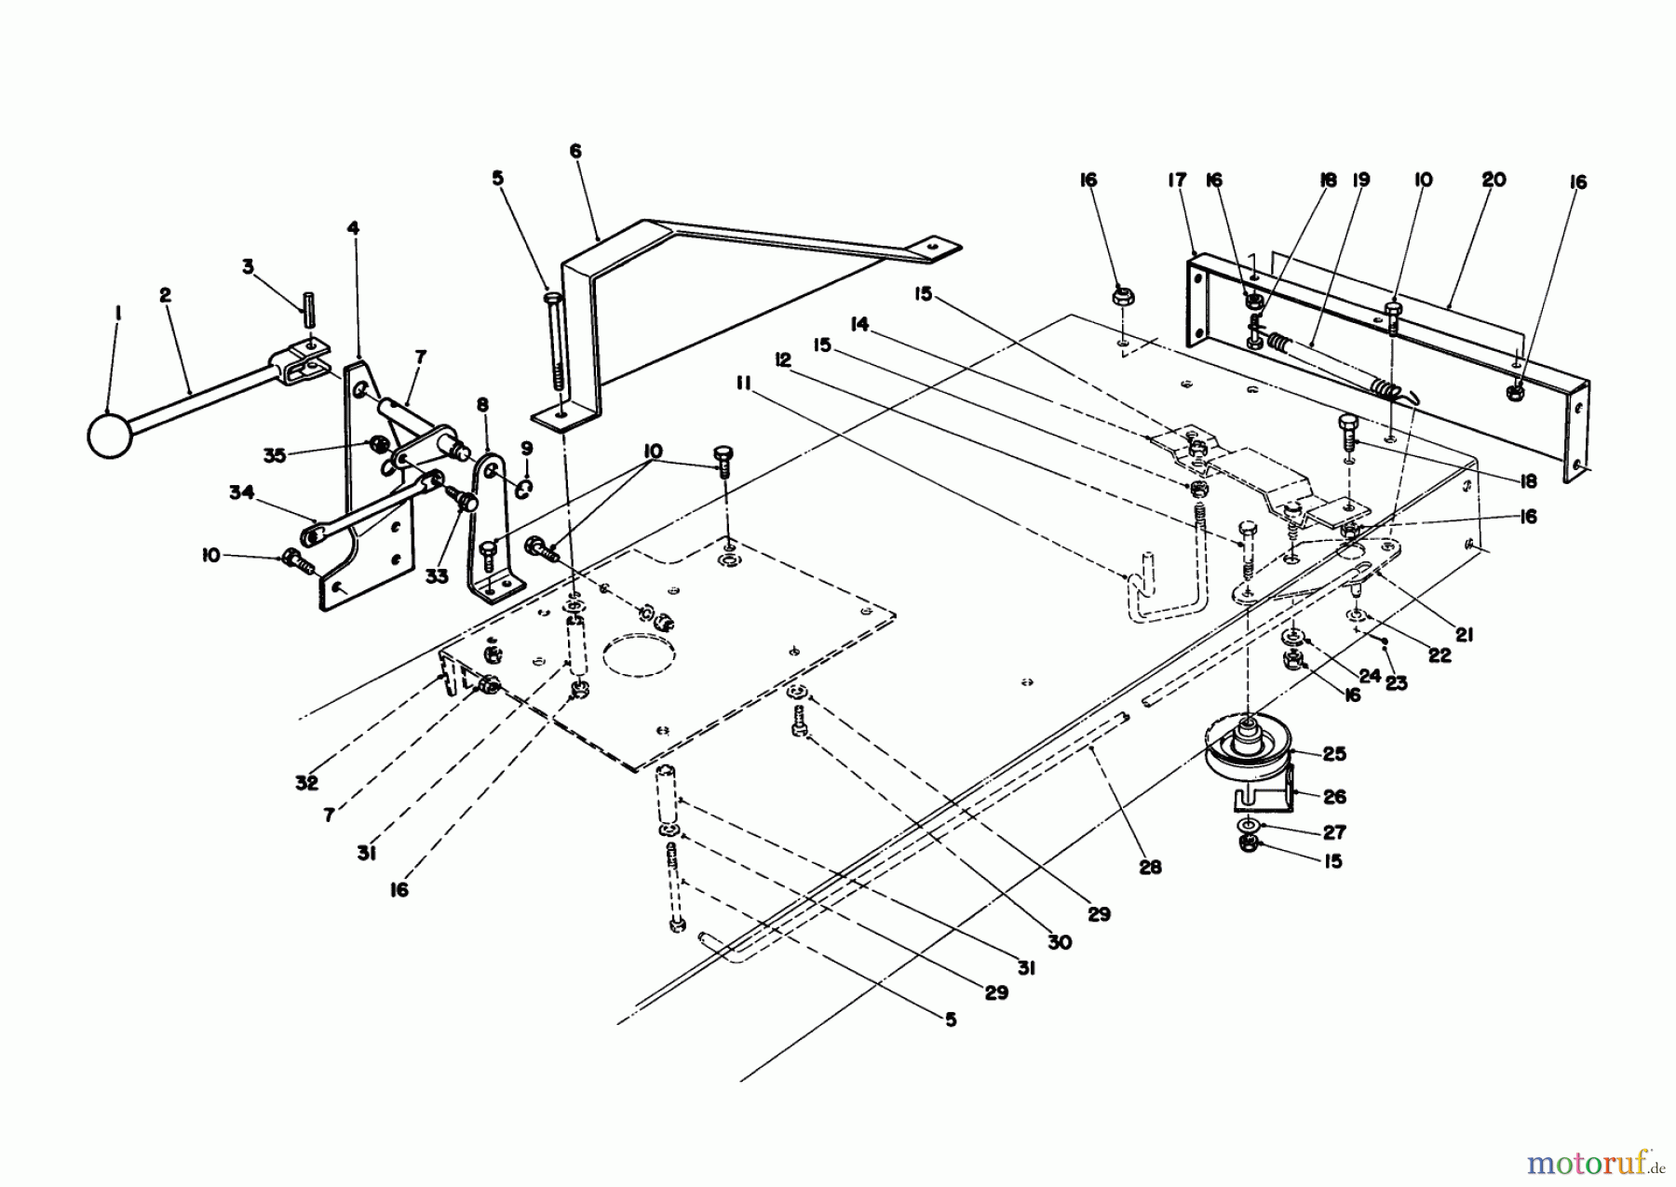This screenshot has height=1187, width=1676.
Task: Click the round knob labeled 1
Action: click(x=111, y=435)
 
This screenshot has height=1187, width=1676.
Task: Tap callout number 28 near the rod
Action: click(x=1151, y=867)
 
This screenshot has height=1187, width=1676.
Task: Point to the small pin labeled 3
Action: click(x=304, y=304)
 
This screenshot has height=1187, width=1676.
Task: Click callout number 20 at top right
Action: click(x=1493, y=180)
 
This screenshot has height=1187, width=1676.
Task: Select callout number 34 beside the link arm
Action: click(x=241, y=493)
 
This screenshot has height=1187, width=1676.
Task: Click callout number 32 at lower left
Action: click(x=307, y=783)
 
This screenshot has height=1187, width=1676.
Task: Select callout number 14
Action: click(x=859, y=324)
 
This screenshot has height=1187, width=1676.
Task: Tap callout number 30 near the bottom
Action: click(x=1059, y=942)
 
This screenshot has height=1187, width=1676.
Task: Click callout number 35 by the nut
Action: click(x=274, y=455)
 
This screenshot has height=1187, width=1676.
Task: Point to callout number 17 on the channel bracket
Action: click(x=1178, y=180)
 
